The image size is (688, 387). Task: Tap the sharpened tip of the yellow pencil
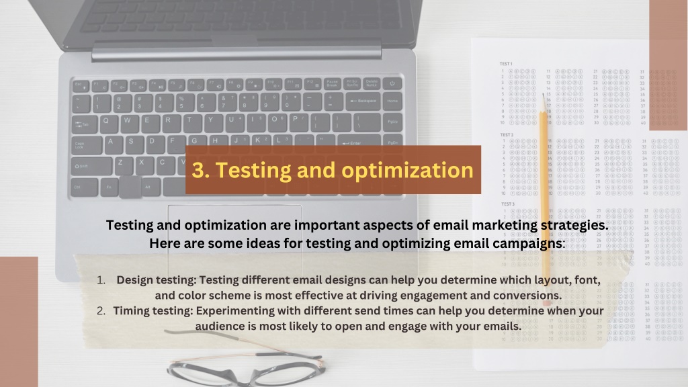(543, 97)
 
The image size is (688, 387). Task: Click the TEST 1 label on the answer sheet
(507, 64)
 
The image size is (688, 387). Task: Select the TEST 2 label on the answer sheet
(507, 134)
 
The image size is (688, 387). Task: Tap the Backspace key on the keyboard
(363, 101)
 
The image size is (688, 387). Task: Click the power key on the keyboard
(392, 83)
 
